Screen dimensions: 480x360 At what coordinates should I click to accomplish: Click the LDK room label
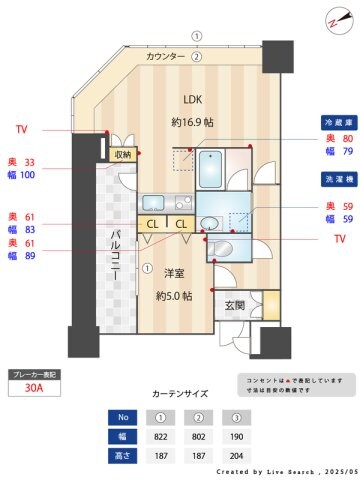[191, 99]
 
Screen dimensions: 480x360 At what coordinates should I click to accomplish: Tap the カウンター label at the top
[166, 57]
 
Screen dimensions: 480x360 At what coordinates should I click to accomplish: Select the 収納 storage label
[122, 155]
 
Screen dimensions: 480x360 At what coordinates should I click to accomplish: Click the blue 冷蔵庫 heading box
[335, 119]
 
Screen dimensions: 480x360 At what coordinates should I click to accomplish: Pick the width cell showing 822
[159, 436]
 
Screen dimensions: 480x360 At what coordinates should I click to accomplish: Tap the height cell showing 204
[236, 456]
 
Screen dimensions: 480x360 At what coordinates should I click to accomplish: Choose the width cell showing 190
[236, 436]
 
